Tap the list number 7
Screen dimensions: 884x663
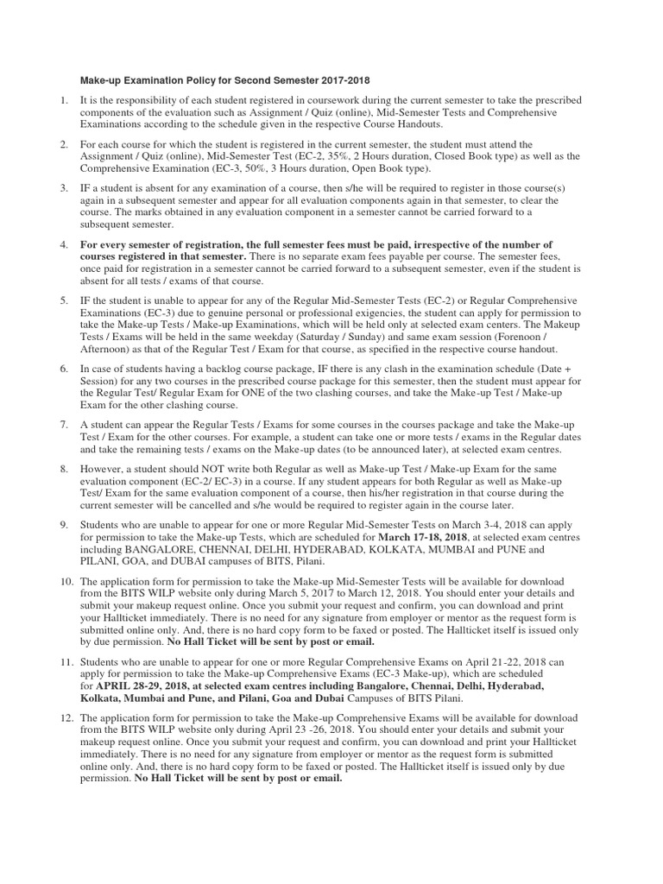(x=63, y=426)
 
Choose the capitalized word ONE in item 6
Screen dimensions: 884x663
(x=276, y=393)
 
